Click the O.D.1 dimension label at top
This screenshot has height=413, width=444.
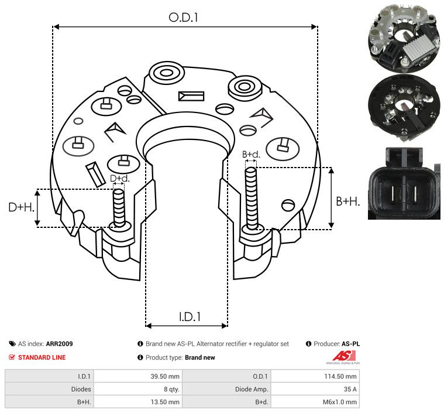tap(184, 18)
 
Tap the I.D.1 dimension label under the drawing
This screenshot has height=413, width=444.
tap(190, 317)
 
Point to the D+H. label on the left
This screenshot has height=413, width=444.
tap(20, 207)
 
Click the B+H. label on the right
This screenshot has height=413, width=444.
tap(347, 201)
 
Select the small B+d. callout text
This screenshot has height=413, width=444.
tap(251, 155)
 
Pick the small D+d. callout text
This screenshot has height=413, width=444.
tap(119, 178)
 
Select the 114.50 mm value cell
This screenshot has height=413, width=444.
tap(343, 376)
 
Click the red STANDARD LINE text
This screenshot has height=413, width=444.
tap(42, 357)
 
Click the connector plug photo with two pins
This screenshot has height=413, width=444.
tap(404, 183)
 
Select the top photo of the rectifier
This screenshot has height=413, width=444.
tap(404, 37)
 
